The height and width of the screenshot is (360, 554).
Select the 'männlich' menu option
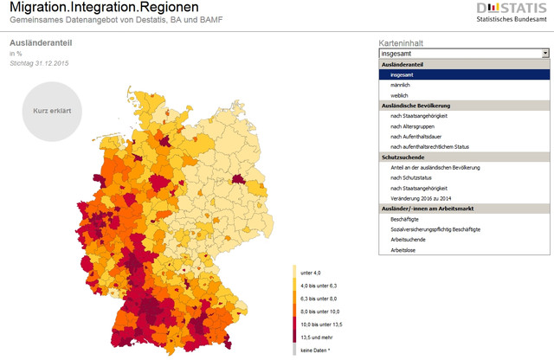(x=399, y=85)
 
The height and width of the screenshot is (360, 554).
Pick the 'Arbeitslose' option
(x=403, y=249)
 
